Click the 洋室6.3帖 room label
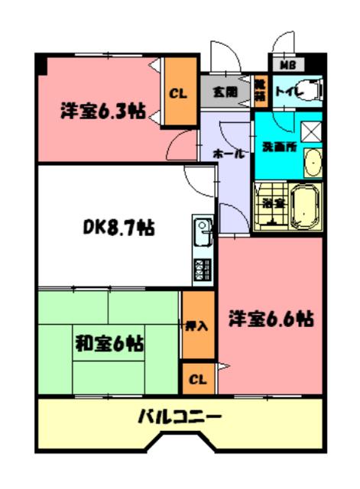click(102, 111)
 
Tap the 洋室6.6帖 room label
click(270, 317)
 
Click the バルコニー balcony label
click(180, 417)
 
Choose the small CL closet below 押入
click(197, 379)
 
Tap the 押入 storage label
click(197, 325)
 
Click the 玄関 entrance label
click(225, 92)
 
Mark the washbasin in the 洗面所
click(313, 163)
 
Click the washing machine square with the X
click(311, 131)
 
